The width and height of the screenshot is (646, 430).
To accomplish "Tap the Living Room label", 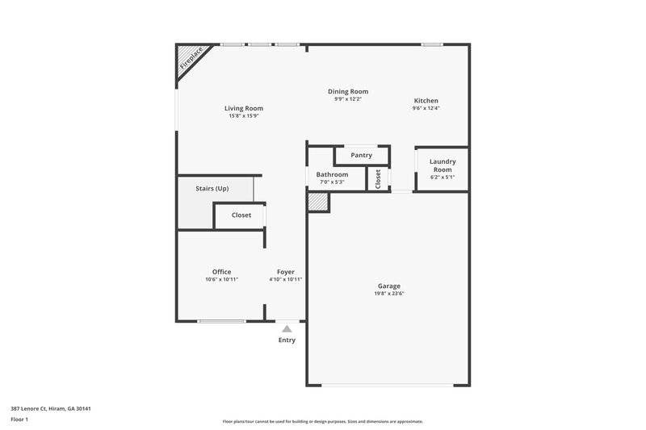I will (243, 108).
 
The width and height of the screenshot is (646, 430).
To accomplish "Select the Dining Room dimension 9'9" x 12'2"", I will (348, 99).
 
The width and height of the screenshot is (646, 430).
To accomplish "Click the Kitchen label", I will (426, 101).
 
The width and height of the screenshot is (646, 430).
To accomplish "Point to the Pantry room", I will (361, 155).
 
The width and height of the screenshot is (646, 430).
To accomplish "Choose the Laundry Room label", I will (442, 165).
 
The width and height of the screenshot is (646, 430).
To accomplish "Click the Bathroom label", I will (332, 174).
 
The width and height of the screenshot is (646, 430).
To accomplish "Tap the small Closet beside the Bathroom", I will (377, 178).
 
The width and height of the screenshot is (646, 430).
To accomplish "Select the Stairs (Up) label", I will (212, 189).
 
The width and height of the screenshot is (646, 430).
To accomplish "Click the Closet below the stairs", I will (241, 215).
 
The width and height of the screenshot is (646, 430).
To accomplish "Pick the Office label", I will (221, 272).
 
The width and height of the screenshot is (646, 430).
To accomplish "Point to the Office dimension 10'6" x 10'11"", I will (221, 280).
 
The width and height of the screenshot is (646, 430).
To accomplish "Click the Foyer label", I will (286, 272).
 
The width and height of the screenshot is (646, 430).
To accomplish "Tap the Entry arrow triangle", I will (287, 328).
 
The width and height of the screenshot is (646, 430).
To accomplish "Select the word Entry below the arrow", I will (287, 340).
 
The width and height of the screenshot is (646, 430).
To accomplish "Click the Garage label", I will (388, 286).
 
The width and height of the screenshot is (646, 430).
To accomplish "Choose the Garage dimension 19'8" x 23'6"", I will (388, 294).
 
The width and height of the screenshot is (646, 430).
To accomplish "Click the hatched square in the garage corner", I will (318, 202).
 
